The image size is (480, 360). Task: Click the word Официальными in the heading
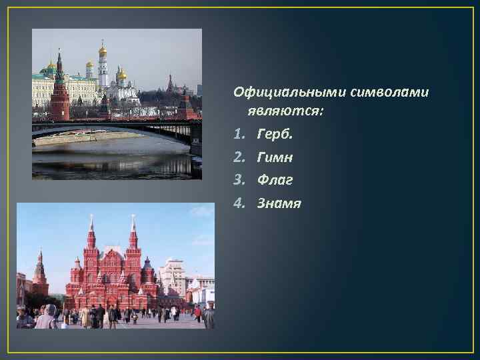279,91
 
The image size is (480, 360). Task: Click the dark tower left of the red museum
40,275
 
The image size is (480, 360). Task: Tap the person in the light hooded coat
47,317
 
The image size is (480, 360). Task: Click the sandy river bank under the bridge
73,138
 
